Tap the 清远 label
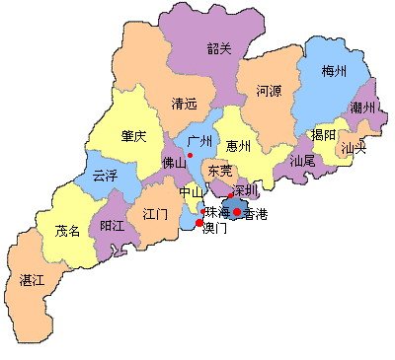(184, 103)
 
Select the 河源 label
(269, 91)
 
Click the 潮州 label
(362, 107)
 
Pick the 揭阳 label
(323, 134)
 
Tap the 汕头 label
(353, 148)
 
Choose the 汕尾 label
(302, 159)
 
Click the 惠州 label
(238, 146)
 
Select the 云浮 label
(104, 177)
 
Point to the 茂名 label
(68, 232)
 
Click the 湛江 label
(33, 280)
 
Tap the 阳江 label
(114, 226)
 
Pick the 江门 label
(155, 213)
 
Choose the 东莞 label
(220, 171)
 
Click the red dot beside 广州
(190, 155)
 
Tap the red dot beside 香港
(237, 211)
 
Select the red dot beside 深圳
(230, 195)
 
